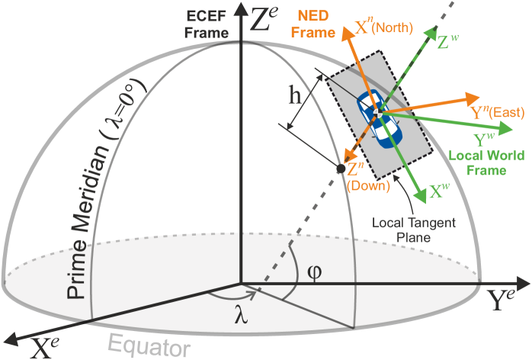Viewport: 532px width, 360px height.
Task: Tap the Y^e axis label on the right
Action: (x=505, y=300)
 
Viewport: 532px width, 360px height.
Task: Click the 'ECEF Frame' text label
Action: (x=208, y=24)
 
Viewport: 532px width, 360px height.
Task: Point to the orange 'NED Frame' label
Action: (x=314, y=25)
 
